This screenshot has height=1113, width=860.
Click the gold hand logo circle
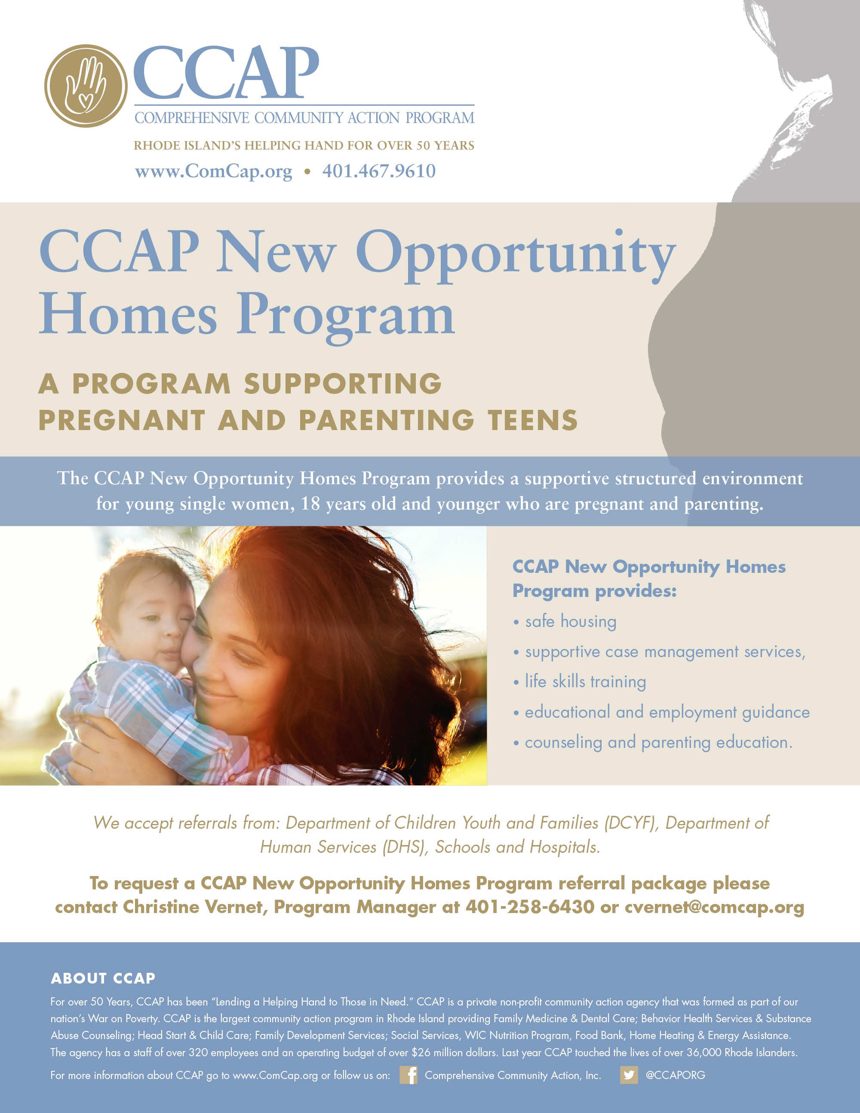point(86,86)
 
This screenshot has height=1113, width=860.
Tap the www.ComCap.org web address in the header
point(213,172)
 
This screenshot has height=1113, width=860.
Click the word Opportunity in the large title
point(516,256)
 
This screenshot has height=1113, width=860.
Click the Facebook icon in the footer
point(408,1075)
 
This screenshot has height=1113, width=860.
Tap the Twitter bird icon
point(629,1075)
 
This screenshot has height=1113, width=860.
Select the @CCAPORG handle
point(675,1075)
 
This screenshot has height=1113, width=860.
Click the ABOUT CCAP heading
point(103,978)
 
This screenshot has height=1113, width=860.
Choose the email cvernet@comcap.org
point(714,907)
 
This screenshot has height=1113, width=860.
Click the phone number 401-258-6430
point(530,907)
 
